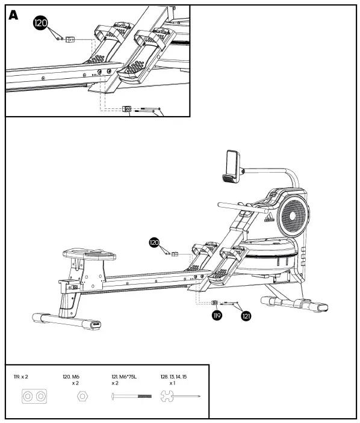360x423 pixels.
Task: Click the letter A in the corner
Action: click(x=13, y=16)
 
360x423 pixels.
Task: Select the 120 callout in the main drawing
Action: click(x=155, y=242)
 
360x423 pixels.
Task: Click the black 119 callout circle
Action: click(x=217, y=315)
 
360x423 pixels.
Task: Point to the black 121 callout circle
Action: click(x=246, y=315)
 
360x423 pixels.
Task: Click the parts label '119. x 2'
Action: click(x=21, y=377)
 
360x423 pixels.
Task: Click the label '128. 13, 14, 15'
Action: click(x=174, y=377)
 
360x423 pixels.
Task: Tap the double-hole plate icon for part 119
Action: click(x=33, y=397)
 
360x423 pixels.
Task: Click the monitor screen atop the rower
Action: click(x=231, y=164)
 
